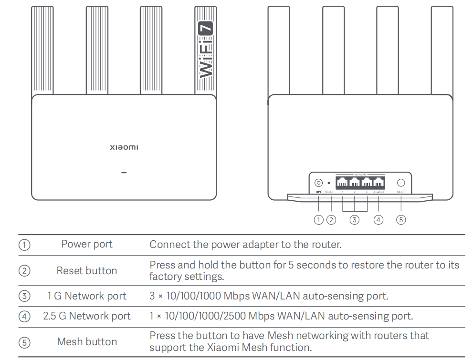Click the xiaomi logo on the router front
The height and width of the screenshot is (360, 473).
point(124,147)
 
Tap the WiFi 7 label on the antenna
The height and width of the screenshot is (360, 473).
point(205,50)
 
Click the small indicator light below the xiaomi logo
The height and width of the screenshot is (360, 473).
point(124,172)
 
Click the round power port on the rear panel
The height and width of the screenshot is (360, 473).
point(318,182)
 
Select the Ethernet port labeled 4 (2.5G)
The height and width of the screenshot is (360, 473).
point(378,182)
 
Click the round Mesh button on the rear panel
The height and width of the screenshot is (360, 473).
point(401,182)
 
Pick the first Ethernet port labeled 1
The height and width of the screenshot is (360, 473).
point(343,182)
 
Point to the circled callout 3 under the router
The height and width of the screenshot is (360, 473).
point(354,220)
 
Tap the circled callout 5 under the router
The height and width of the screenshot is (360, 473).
point(401,220)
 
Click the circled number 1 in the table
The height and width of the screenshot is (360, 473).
point(24,245)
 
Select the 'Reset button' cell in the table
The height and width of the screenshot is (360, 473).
point(87,271)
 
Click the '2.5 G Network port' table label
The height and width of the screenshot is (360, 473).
point(87,316)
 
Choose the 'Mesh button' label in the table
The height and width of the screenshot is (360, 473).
point(87,342)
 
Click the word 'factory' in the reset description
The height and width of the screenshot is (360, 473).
point(166,277)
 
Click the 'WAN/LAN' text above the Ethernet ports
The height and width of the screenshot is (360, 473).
point(360,174)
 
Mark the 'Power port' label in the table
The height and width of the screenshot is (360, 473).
point(87,245)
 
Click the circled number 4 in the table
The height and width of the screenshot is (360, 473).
point(24,316)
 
